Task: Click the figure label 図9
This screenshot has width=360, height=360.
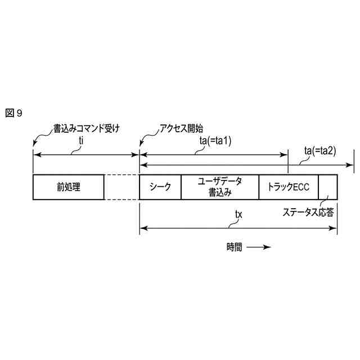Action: point(13,113)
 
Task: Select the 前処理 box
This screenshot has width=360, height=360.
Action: point(69,187)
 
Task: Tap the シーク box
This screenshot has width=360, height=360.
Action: point(160,187)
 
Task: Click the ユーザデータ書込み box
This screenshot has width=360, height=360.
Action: point(219,187)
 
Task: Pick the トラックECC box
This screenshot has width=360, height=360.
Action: point(288,187)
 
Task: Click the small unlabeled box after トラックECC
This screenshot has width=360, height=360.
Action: point(328,187)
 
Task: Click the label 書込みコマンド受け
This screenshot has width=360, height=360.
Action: point(86,128)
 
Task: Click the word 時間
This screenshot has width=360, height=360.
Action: point(235,247)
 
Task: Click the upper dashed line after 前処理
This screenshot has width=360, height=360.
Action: point(121,176)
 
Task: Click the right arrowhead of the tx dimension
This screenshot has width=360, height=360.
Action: point(335,228)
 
